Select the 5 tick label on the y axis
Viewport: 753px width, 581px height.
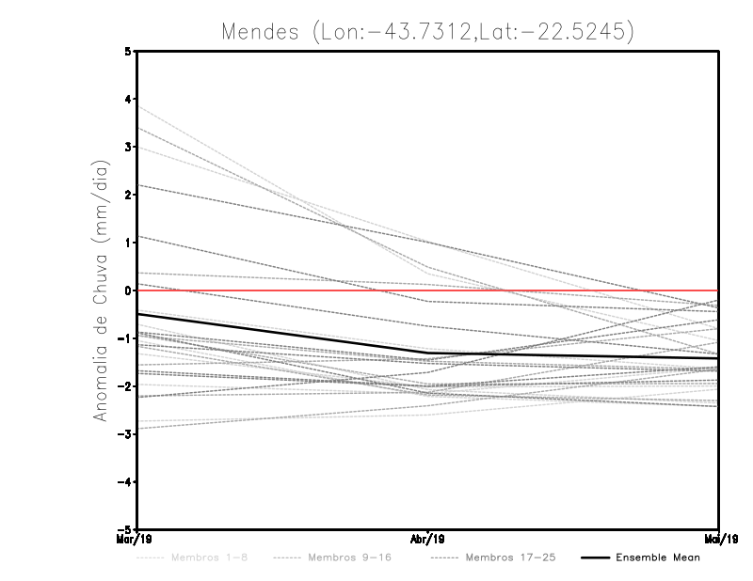(129, 52)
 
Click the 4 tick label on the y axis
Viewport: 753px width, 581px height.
(129, 100)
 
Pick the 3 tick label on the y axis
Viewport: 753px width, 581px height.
(129, 147)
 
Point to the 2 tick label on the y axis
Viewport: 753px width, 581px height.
(129, 195)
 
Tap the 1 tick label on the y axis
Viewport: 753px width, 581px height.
(129, 243)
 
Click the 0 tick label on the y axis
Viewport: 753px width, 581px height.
(129, 290)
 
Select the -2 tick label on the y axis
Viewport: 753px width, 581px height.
(126, 385)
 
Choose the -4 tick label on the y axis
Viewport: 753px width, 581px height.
(126, 481)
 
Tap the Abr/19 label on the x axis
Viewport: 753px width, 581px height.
(428, 539)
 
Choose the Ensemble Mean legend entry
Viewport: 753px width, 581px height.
(657, 557)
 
